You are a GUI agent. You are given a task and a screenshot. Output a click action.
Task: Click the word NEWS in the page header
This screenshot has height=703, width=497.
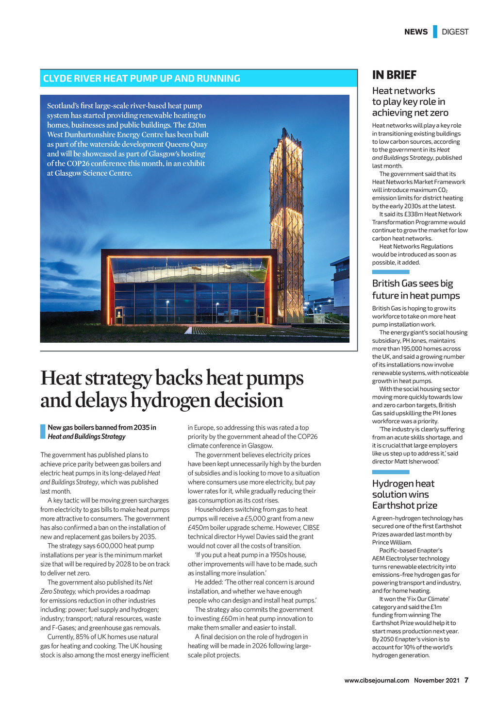click(416, 32)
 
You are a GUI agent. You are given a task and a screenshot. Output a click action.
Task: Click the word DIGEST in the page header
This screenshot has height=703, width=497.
click(455, 32)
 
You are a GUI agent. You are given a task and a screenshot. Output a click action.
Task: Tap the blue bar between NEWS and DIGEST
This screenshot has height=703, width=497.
click(435, 32)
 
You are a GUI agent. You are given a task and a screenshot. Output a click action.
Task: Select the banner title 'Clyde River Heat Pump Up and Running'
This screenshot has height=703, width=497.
click(142, 79)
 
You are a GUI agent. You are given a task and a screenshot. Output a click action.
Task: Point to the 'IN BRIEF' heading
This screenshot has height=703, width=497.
click(394, 75)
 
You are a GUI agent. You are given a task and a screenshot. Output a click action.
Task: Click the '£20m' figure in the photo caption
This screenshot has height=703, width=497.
click(196, 125)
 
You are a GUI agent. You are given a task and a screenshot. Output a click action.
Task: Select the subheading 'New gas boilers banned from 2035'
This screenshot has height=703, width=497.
click(102, 428)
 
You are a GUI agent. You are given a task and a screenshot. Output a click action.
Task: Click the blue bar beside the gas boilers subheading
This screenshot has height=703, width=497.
click(43, 432)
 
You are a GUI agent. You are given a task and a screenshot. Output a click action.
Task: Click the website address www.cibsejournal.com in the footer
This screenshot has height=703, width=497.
click(377, 680)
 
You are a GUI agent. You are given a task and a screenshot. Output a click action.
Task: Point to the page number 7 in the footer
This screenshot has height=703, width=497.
click(466, 680)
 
